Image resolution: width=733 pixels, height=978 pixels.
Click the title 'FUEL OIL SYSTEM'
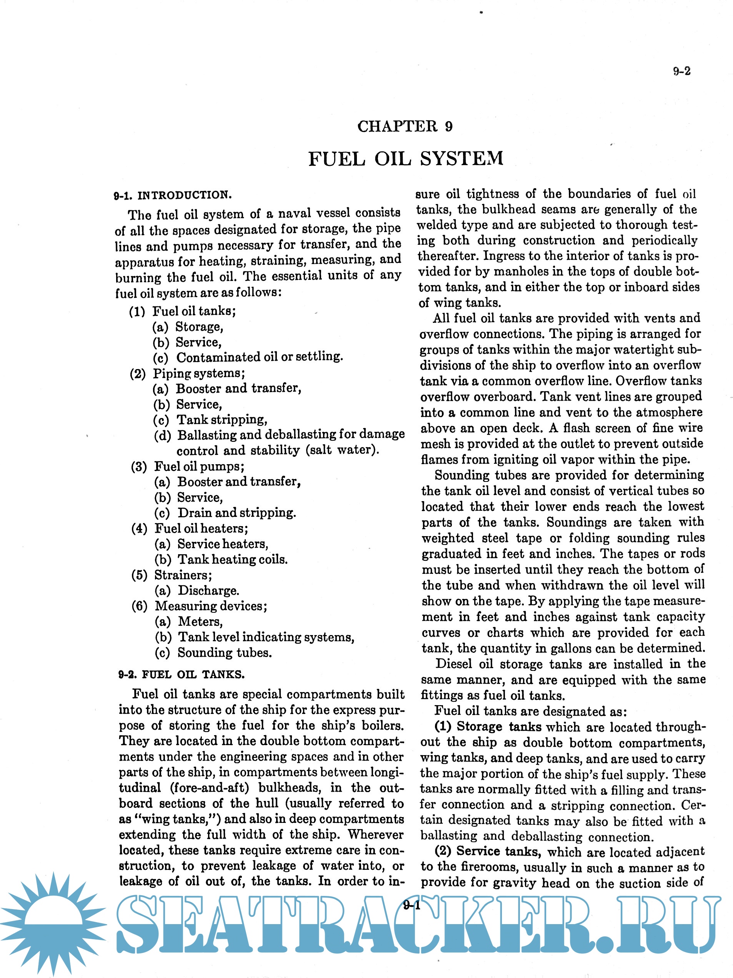[406, 159]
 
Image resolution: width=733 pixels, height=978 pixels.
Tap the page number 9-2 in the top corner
[681, 71]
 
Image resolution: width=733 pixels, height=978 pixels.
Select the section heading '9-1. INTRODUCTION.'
[173, 196]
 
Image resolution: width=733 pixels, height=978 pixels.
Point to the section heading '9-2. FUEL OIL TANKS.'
[181, 674]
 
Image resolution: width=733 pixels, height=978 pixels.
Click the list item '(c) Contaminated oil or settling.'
[247, 357]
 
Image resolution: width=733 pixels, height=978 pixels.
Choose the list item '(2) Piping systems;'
[187, 373]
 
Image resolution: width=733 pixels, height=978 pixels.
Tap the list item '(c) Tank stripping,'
[210, 419]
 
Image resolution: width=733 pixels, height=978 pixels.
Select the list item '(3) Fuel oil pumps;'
[188, 466]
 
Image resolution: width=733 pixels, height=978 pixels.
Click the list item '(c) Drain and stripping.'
[225, 513]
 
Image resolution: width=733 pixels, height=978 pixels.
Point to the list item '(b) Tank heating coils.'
[221, 559]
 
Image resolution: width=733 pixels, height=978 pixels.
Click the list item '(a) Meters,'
[189, 622]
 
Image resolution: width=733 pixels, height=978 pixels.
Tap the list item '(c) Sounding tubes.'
[213, 653]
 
